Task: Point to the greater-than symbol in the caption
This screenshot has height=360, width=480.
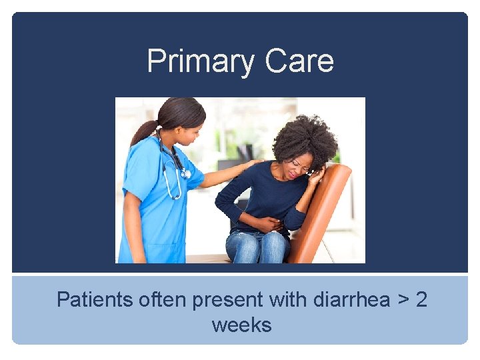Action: [402, 301]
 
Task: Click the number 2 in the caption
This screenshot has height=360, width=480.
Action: [421, 300]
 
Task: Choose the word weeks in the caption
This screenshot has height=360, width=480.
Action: [241, 325]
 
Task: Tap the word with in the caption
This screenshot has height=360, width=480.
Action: [285, 300]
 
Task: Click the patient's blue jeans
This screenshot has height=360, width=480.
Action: [257, 247]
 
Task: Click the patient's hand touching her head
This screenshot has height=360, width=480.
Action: [317, 175]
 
